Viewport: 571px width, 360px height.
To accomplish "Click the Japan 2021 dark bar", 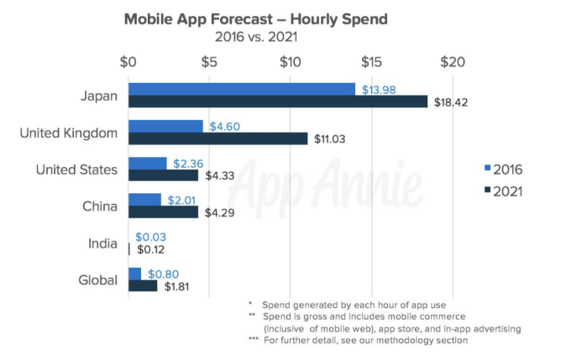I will [x=277, y=102].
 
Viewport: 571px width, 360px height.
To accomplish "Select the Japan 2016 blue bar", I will [x=241, y=89].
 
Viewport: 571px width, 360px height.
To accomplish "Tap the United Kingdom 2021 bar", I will [x=217, y=138].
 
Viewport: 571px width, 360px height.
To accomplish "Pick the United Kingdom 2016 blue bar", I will [x=165, y=126].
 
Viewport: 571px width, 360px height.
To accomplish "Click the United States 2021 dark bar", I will [x=163, y=175].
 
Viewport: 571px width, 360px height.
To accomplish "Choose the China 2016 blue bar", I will [x=144, y=200].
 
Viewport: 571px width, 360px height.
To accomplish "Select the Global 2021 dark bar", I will [x=143, y=286].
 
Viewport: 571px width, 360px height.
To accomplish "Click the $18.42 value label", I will [x=451, y=102].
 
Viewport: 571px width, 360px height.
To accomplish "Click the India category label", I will [x=102, y=243].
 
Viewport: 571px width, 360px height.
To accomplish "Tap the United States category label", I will [x=76, y=170].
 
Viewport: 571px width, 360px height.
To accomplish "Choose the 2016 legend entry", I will [x=504, y=170].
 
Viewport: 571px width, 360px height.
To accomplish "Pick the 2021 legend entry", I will [x=504, y=191].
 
